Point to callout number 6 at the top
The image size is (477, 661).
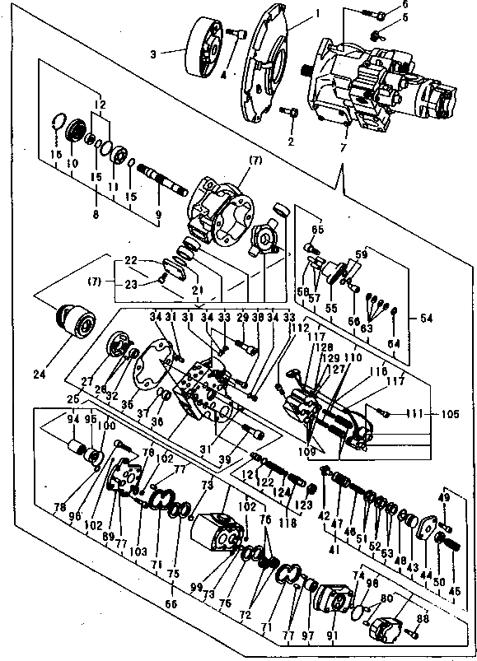click(381, 5)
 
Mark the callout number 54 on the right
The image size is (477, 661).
click(425, 318)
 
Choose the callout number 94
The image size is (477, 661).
click(73, 418)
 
